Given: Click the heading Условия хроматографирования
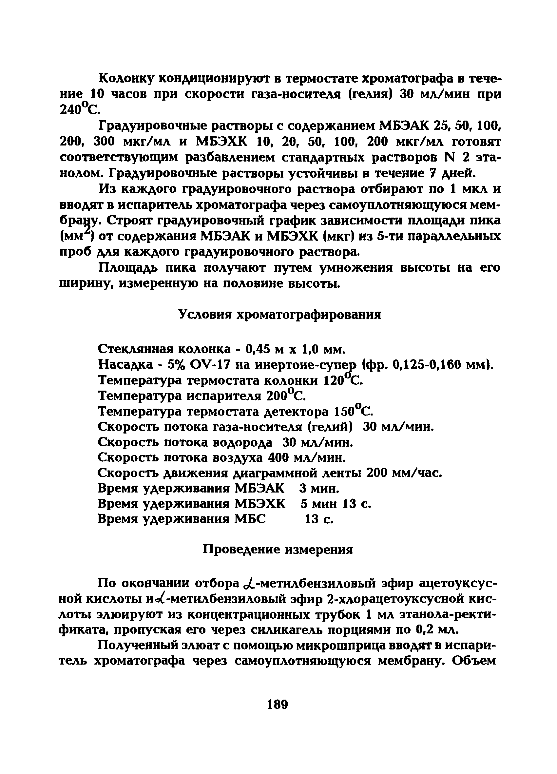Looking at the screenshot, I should pos(280,314).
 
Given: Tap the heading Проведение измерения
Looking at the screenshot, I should pos(278,549).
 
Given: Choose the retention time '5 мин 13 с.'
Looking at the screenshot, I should pos(336,504).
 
